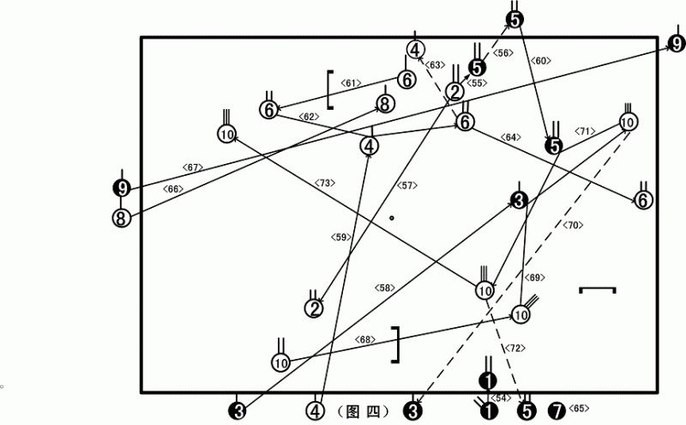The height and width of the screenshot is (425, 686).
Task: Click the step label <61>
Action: (x=351, y=82)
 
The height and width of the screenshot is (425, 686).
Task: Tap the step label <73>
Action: (x=325, y=183)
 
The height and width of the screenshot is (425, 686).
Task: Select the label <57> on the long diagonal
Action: (x=406, y=185)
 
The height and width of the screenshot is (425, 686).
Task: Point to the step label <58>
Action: (x=384, y=288)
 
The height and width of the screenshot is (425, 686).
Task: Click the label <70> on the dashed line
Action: (x=573, y=225)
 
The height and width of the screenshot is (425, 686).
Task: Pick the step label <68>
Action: (x=365, y=339)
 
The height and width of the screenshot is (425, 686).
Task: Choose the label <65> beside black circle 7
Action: (x=578, y=408)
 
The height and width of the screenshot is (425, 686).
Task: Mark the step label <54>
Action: (x=501, y=398)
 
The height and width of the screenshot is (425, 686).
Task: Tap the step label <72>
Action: (x=515, y=349)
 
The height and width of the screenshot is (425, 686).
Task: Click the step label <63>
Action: (x=435, y=65)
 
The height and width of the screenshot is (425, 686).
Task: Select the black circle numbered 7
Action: (x=557, y=411)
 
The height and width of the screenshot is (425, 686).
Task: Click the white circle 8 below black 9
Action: (x=121, y=218)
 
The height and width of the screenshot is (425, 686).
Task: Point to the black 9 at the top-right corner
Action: (x=677, y=44)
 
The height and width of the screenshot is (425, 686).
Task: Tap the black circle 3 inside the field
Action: (x=519, y=201)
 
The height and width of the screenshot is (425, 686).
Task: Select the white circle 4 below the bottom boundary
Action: (x=315, y=411)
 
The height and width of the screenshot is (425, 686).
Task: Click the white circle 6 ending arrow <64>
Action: (x=643, y=200)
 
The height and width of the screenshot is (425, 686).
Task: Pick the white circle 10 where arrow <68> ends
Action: (x=521, y=314)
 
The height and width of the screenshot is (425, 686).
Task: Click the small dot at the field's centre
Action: (x=392, y=218)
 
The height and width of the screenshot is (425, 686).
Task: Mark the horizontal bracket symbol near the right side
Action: (x=598, y=289)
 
